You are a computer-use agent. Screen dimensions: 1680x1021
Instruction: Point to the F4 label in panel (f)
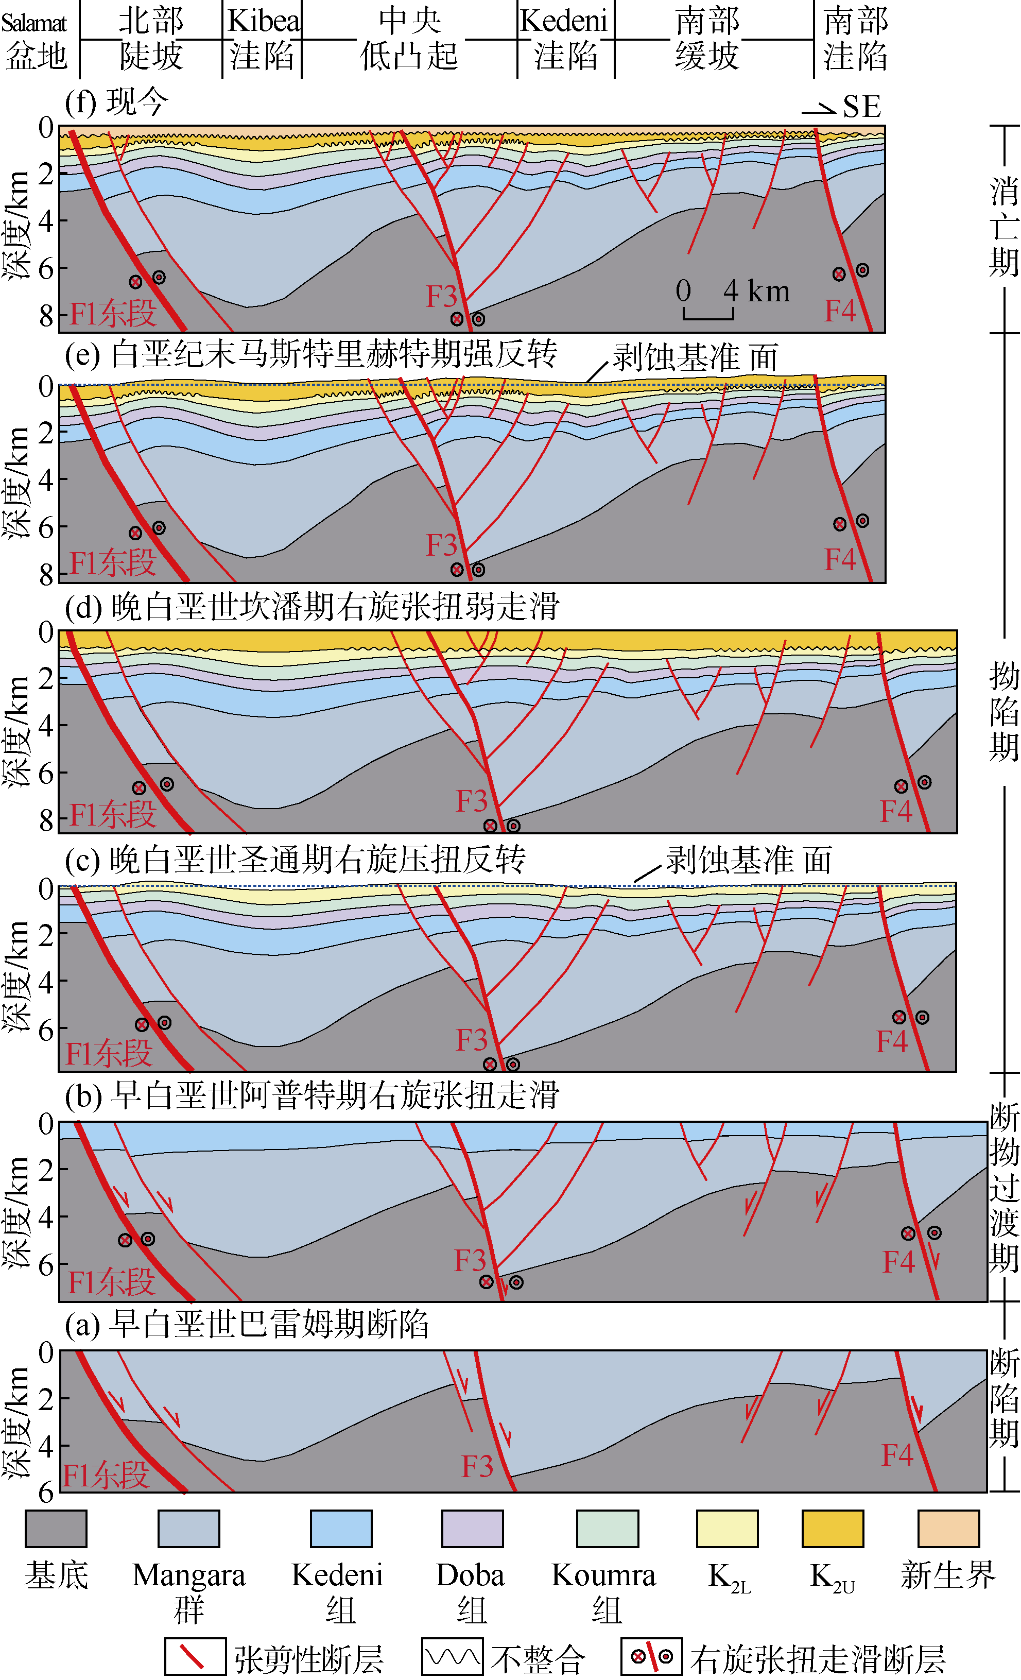(x=840, y=311)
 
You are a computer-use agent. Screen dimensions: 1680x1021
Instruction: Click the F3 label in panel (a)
(x=477, y=1465)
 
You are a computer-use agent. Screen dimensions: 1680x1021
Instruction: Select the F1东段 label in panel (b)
(x=111, y=1282)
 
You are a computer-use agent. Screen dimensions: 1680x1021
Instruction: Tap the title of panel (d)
(x=312, y=607)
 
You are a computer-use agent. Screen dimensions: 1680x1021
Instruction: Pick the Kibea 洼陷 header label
(x=263, y=39)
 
